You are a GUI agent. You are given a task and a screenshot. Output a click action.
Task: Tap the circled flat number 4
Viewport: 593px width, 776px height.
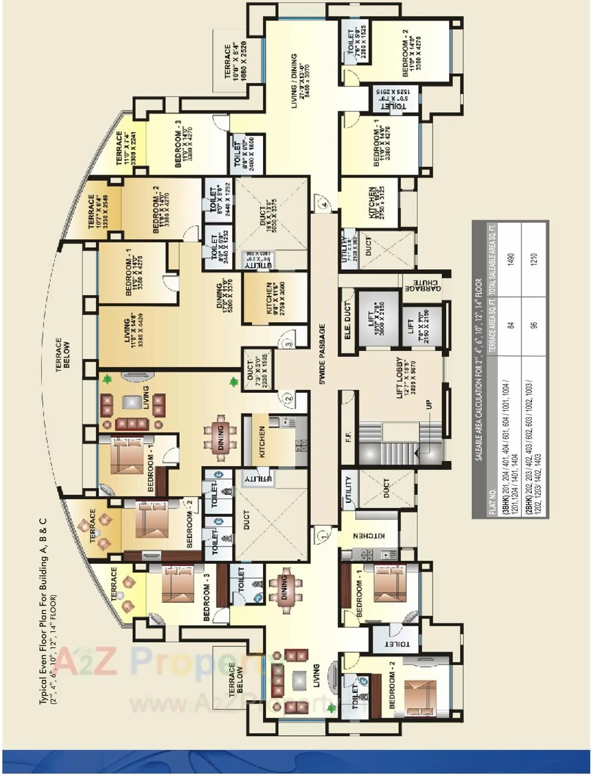323,205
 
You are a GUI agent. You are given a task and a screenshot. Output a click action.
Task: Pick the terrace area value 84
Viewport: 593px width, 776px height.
511,325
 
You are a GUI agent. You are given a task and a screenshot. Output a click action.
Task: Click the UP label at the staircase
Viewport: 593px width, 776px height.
429,404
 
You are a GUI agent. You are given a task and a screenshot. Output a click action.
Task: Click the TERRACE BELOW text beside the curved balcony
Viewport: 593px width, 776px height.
62,355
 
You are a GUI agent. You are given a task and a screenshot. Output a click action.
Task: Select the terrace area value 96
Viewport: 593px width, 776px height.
534,325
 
